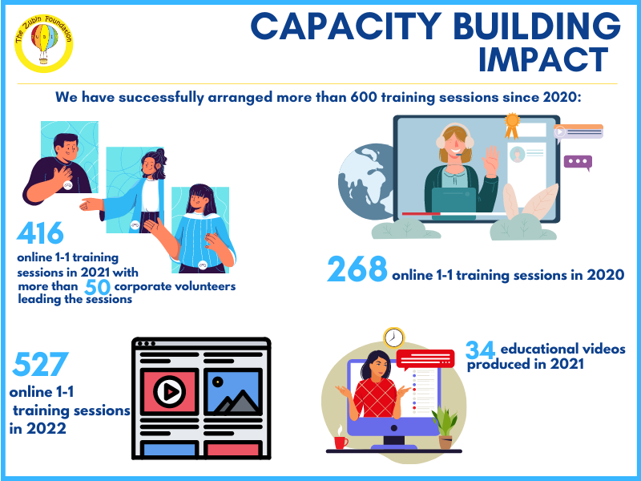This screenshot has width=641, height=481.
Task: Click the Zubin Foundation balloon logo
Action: (44, 43)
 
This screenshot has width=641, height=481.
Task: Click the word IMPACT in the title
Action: (544, 59)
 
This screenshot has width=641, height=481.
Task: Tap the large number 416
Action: (40, 232)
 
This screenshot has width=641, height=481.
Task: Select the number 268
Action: (357, 269)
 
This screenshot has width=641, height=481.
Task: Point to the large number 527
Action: (40, 364)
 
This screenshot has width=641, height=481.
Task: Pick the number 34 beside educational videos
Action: (480, 350)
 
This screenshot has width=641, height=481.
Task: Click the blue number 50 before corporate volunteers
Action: (97, 287)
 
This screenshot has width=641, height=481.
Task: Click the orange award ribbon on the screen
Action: (511, 126)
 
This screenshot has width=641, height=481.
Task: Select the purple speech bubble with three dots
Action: (578, 163)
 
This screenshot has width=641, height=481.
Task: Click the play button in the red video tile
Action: (170, 391)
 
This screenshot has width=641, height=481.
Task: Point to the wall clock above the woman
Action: (394, 338)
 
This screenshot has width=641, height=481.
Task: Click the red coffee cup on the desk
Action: (341, 443)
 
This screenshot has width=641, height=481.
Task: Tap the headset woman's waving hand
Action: (491, 160)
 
